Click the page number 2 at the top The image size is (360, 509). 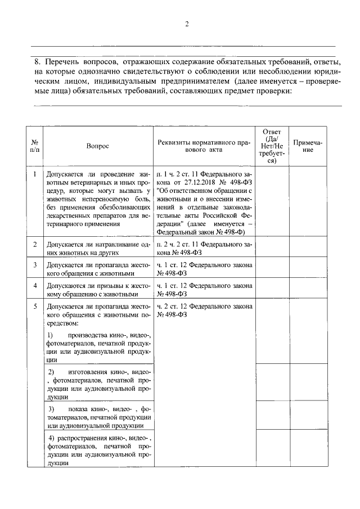[x=186, y=24]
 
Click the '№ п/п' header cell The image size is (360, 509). [x=35, y=146]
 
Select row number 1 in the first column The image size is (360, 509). [x=35, y=173]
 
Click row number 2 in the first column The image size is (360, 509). [x=35, y=244]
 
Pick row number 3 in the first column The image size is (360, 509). [x=35, y=264]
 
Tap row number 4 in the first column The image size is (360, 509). [x=35, y=285]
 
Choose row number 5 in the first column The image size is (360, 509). [x=35, y=307]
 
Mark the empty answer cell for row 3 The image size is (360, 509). [x=272, y=269]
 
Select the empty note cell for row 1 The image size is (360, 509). [x=308, y=202]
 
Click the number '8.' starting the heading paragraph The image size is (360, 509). [x=38, y=61]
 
